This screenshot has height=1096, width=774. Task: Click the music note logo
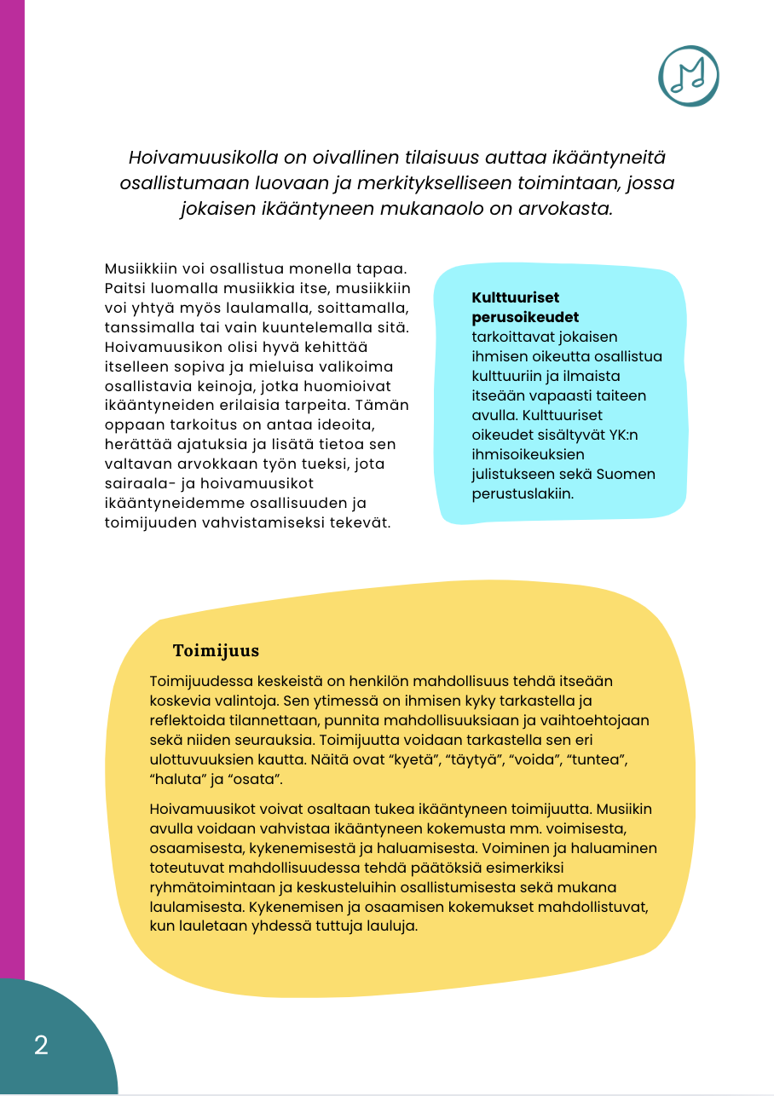tap(688, 76)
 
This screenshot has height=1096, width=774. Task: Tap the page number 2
tap(41, 1045)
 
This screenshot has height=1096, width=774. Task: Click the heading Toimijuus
tap(216, 651)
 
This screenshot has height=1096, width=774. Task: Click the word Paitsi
tap(124, 287)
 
